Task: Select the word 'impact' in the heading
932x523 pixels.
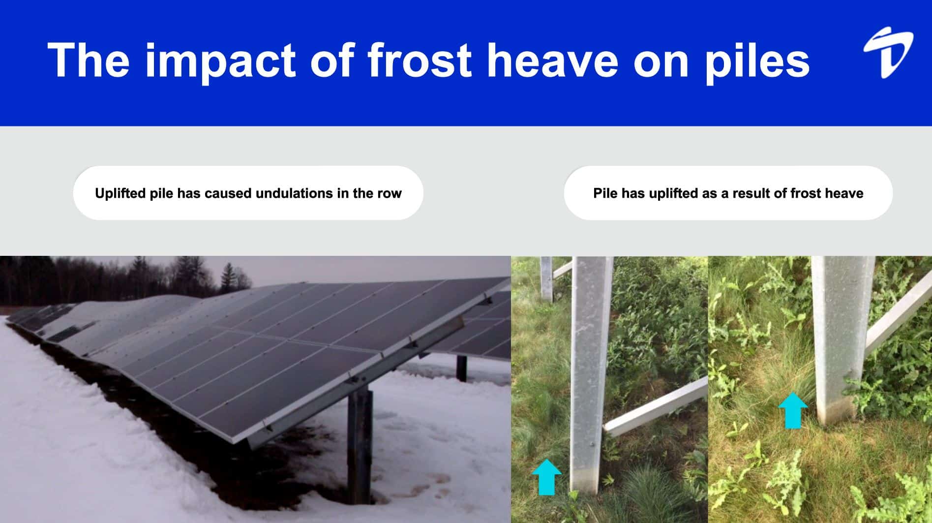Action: (220, 60)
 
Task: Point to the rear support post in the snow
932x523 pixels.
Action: (461, 368)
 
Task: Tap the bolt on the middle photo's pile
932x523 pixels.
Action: (591, 446)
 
